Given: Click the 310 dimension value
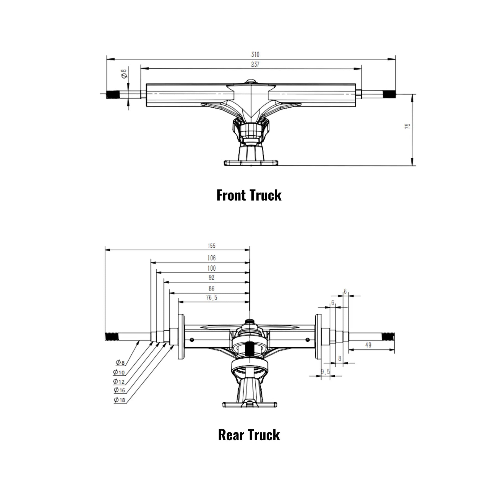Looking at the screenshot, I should [x=255, y=55].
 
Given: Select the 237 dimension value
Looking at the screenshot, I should [x=255, y=64].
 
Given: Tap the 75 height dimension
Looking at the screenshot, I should [x=407, y=126].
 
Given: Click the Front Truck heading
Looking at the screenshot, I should [x=249, y=195].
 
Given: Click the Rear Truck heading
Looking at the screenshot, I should [x=249, y=435].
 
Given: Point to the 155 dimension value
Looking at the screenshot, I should [x=211, y=246].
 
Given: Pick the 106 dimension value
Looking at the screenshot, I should [x=211, y=258].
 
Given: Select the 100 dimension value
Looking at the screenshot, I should [x=211, y=268].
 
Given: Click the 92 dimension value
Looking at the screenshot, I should [x=211, y=277].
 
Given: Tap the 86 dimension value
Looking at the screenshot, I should [x=211, y=289].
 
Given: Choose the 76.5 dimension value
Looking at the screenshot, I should [x=211, y=298].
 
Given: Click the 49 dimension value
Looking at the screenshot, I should [x=368, y=345].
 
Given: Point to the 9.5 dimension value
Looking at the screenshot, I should [x=325, y=372].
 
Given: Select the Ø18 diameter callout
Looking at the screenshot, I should [x=120, y=400].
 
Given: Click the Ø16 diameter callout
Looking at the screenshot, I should [x=120, y=390].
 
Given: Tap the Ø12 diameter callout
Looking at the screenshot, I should [x=119, y=382].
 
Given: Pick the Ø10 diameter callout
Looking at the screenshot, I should [x=119, y=372].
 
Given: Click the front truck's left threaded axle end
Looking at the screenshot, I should [x=112, y=95].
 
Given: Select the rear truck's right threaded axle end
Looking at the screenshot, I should [x=388, y=337].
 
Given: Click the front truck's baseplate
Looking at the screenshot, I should [x=251, y=163].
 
